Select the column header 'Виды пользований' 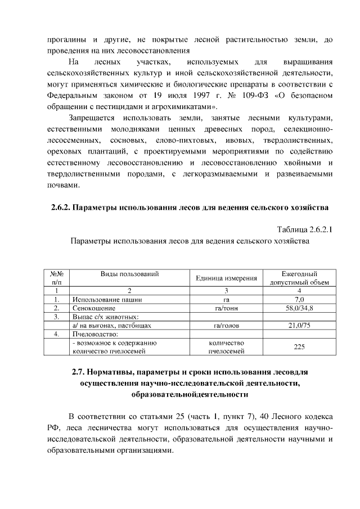pos(129,274)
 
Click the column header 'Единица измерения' pos(226,278)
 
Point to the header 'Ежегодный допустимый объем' pos(303,278)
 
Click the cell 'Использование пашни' pos(106,300)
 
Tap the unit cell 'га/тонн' pos(226,308)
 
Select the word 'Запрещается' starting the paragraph pos(91,118)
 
